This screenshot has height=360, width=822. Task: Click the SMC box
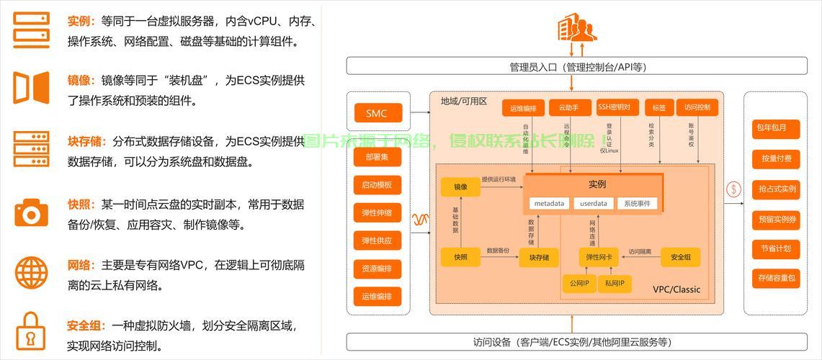pos(376,113)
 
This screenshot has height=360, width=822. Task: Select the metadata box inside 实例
pos(549,203)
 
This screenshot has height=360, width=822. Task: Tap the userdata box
pos(594,203)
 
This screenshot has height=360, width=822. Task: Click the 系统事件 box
pos(638,203)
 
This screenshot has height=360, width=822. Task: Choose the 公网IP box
pos(578,284)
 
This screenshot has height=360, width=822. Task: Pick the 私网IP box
pos(615,284)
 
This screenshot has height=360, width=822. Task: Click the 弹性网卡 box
pos(599,257)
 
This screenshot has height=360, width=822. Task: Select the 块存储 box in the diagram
pos(539,257)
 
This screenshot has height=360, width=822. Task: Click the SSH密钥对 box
pos(618,107)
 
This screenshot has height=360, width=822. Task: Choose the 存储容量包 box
pos(775,278)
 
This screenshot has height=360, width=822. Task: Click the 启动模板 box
pos(378,185)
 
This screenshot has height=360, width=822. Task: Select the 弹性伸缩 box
pos(378,213)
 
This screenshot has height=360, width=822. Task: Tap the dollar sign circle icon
pos(734,189)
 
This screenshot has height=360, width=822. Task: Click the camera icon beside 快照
pos(31,213)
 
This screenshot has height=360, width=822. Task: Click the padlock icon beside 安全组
pos(31,330)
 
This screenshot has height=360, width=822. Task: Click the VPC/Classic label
pos(676,289)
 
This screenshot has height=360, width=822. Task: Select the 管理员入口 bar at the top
pos(578,67)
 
